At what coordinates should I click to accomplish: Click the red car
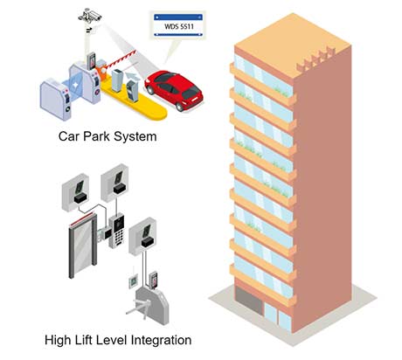(174, 90)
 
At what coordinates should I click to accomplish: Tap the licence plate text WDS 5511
(179, 26)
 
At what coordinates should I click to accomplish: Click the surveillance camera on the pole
(90, 15)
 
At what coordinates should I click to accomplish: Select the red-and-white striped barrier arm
(120, 59)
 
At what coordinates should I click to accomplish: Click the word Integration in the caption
(161, 341)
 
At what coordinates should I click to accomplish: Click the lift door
(82, 245)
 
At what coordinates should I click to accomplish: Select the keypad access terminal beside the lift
(116, 231)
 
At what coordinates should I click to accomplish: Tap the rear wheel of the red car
(180, 107)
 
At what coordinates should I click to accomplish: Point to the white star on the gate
(75, 85)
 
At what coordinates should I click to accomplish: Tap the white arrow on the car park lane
(132, 76)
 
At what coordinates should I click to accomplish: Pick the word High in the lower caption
(58, 341)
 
